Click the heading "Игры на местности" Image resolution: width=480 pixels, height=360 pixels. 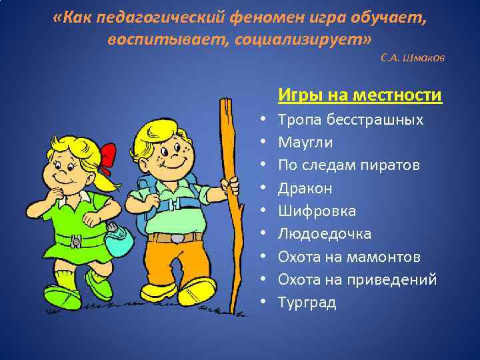[x=360, y=95]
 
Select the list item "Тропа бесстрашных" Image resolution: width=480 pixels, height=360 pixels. [x=350, y=120]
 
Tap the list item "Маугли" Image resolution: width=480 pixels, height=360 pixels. [x=305, y=143]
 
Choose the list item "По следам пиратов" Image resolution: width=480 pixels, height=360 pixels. [x=349, y=165]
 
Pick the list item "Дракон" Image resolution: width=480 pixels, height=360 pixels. [x=305, y=188]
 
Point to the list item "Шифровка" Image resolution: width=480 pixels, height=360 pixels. [x=317, y=211]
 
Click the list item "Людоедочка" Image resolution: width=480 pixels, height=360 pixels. [x=325, y=234]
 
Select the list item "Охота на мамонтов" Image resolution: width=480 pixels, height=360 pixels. [x=349, y=257]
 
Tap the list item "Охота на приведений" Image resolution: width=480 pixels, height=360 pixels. [x=357, y=280]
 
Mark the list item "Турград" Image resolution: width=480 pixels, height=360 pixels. [x=307, y=303]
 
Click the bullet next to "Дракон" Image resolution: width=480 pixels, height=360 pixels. [x=264, y=188]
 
